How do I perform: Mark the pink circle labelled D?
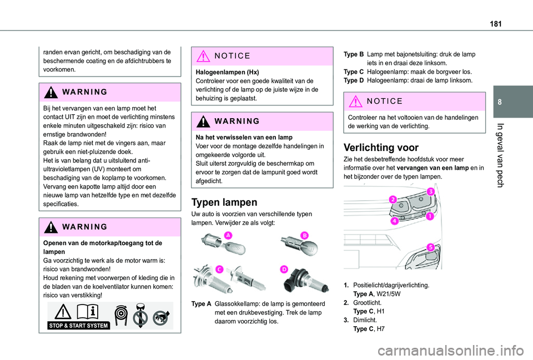point(284,269)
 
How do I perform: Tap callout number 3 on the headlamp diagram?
point(430,191)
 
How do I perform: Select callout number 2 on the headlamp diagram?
point(393,199)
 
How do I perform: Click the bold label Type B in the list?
point(354,54)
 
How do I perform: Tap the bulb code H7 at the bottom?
point(381,329)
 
